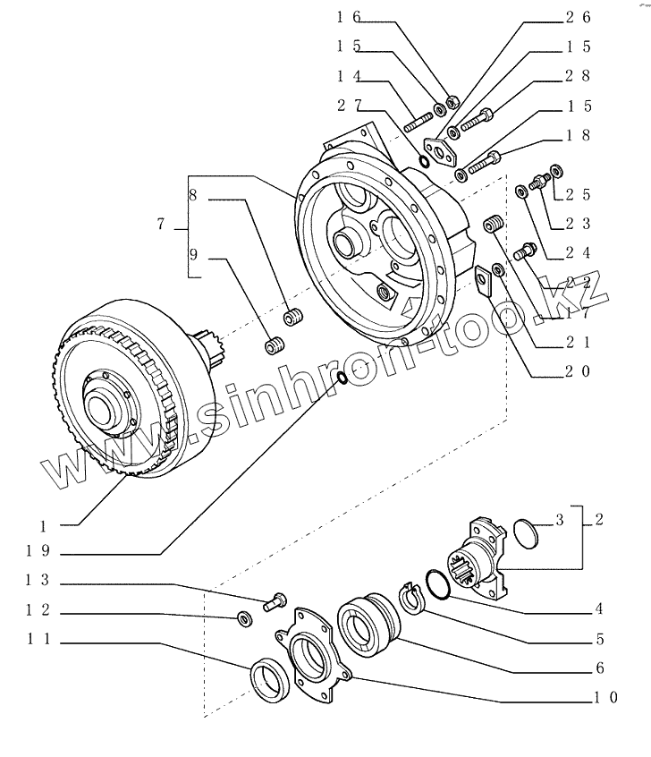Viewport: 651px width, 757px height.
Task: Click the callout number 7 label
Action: tap(160, 225)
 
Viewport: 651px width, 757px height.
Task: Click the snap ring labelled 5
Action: tap(410, 595)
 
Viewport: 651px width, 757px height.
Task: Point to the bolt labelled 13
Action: tap(274, 601)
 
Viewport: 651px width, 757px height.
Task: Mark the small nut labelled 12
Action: tap(242, 617)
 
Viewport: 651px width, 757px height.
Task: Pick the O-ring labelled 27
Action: tap(424, 161)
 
